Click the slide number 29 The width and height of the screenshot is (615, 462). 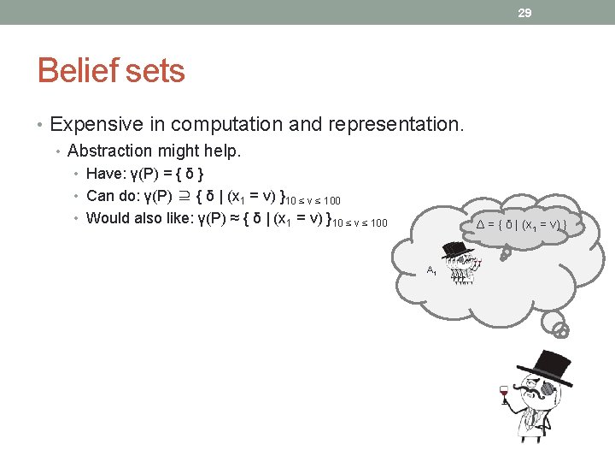(524, 13)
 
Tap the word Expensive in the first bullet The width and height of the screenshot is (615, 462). (97, 124)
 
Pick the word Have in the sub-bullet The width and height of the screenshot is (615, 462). (106, 175)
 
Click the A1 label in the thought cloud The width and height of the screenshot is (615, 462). (431, 271)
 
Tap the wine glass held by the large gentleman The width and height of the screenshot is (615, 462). (504, 394)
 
